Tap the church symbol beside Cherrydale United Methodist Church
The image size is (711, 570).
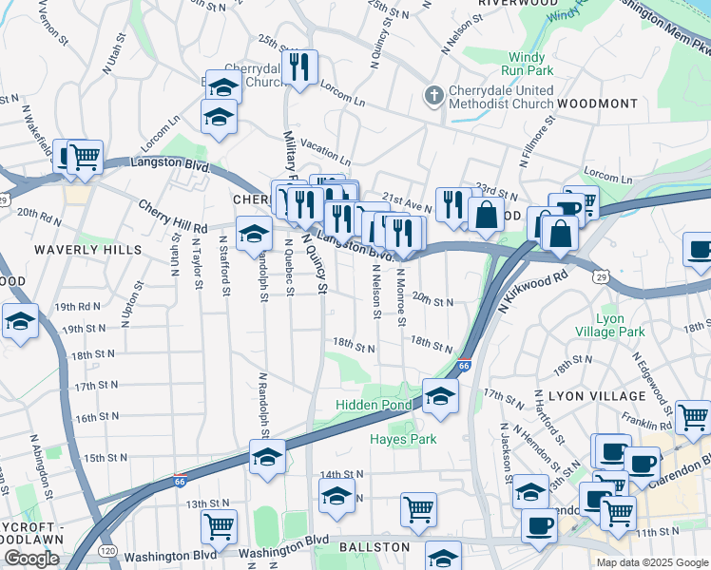pyautogui.click(x=433, y=95)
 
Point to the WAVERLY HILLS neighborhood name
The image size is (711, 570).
pyautogui.click(x=87, y=250)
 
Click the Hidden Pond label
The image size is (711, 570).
pyautogui.click(x=371, y=406)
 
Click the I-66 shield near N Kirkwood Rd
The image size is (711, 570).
pyautogui.click(x=464, y=366)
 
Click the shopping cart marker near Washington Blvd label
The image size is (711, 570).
pyautogui.click(x=220, y=525)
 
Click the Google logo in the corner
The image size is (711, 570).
pyautogui.click(x=30, y=559)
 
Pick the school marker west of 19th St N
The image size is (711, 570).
pyautogui.click(x=19, y=320)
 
